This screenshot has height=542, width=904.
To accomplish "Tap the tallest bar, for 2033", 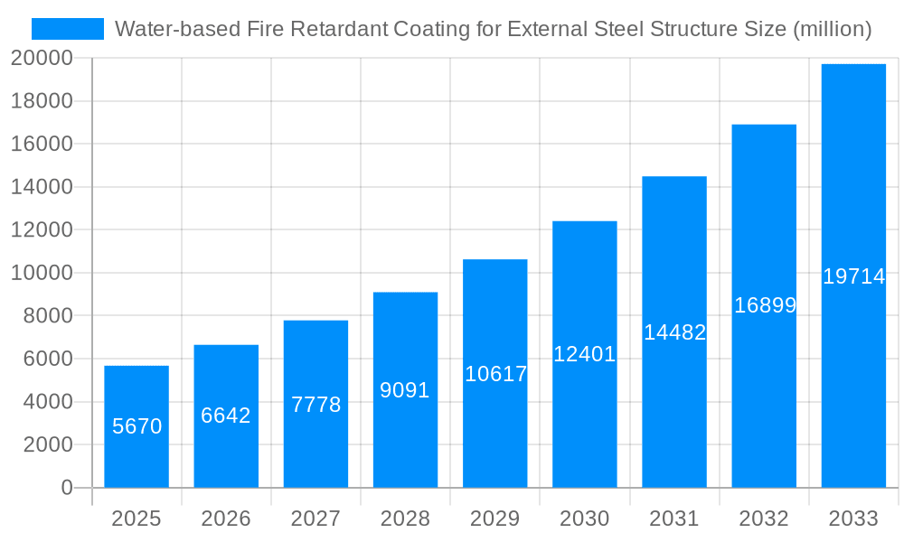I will [853, 181].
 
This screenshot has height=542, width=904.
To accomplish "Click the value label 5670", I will [137, 426].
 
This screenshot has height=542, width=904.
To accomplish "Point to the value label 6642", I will [226, 416].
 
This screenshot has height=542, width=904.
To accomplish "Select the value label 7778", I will [315, 405].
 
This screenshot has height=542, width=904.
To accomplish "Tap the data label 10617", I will [495, 374].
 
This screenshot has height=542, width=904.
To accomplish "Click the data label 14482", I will [674, 332].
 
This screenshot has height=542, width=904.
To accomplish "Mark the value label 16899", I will [765, 305].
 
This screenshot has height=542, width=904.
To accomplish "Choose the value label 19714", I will [853, 276].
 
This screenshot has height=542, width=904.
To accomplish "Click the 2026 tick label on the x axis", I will [226, 519].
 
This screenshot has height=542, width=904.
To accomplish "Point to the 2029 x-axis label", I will [495, 519].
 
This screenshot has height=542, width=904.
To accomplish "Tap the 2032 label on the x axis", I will [764, 519].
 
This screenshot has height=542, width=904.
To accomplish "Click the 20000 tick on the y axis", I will [41, 59].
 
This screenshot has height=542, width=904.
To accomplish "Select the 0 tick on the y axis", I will [66, 488].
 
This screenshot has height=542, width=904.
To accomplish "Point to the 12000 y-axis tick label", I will [41, 230].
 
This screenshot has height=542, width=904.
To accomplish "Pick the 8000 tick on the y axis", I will [47, 316].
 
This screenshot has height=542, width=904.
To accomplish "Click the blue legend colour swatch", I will [68, 29].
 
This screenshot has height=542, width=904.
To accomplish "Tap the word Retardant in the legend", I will [346, 29].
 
